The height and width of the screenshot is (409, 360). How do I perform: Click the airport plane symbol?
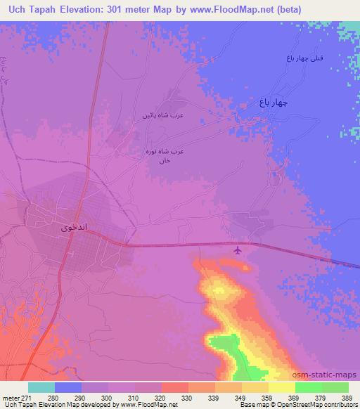point(238,249)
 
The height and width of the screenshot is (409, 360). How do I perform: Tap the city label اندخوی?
point(72,228)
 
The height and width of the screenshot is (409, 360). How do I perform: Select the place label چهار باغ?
point(272,103)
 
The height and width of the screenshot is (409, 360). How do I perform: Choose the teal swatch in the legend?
point(41,387)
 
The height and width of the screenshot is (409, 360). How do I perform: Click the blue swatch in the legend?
point(68,387)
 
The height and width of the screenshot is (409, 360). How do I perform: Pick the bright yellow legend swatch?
point(282,387)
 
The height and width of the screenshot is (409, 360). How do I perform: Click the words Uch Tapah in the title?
point(30,9)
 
